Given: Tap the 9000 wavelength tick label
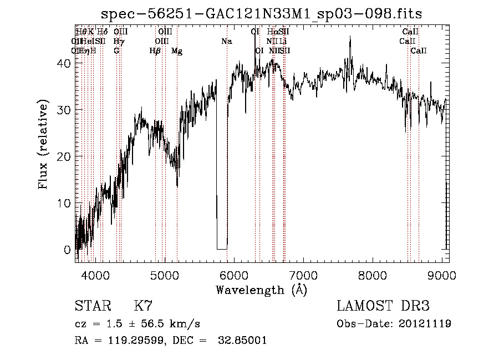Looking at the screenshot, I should [442, 275].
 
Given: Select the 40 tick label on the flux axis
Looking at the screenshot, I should [65, 63].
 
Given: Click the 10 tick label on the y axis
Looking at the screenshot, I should [65, 203].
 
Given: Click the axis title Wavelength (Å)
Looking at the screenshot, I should [261, 290].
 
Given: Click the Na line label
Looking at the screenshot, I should [226, 41].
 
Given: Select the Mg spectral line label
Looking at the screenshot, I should [177, 51].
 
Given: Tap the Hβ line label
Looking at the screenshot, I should [155, 51].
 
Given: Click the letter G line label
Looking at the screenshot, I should [116, 51].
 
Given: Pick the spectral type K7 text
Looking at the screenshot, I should [143, 306].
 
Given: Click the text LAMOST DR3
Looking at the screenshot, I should [383, 306].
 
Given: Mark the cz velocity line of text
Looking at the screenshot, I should [137, 324].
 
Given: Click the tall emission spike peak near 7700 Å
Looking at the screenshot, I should [350, 37].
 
